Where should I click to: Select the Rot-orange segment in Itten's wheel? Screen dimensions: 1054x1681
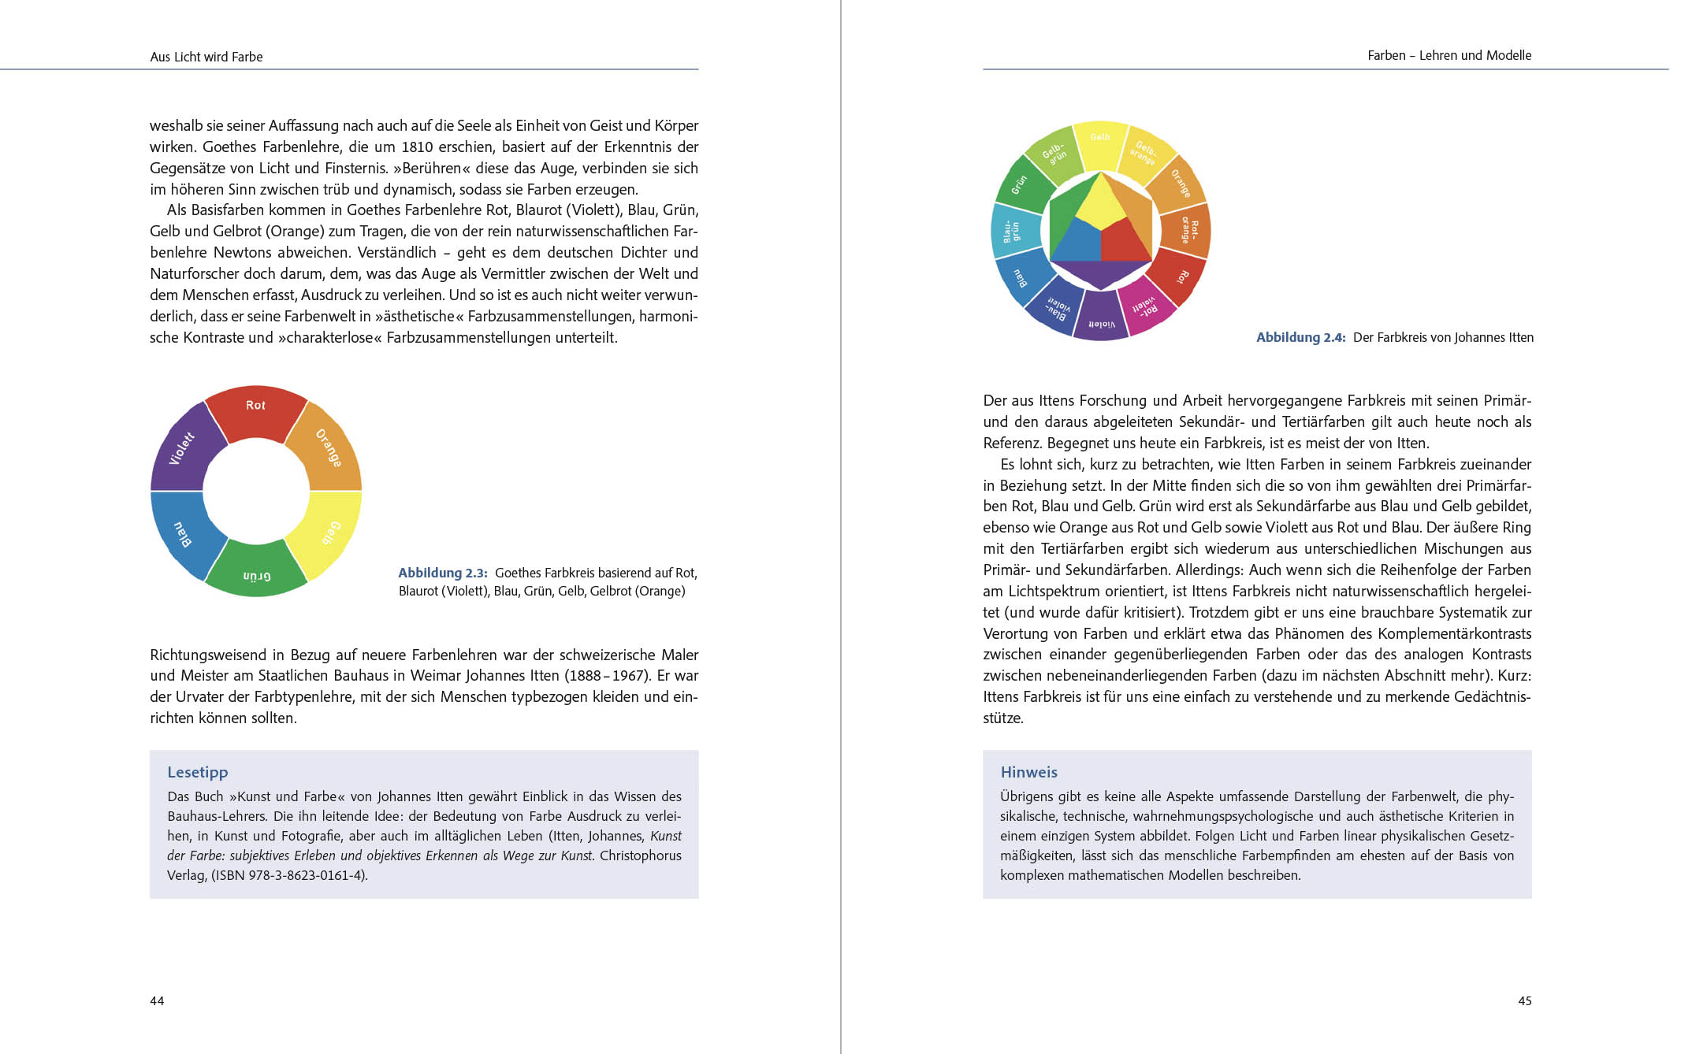point(1188,231)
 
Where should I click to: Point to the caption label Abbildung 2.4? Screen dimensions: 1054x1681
point(1300,337)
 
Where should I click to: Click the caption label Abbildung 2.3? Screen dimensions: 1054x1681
point(442,573)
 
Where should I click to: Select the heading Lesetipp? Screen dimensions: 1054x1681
point(197,772)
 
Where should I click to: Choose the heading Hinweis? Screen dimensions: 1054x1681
point(1028,772)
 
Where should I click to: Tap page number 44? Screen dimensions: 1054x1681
point(157,1000)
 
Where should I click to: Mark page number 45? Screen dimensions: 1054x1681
point(1524,1000)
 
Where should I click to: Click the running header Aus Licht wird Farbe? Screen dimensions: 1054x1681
point(206,57)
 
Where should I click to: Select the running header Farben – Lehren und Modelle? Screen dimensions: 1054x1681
point(1449,55)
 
